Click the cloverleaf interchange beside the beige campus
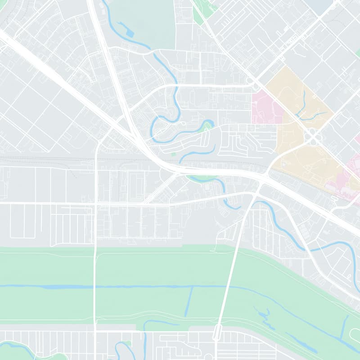312,135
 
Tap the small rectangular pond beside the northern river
130,33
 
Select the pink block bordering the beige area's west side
266,107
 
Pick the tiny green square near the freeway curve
174,154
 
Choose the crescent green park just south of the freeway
202,178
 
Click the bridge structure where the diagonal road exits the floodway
218,332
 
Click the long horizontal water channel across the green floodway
112,286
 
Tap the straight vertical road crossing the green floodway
95,288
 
